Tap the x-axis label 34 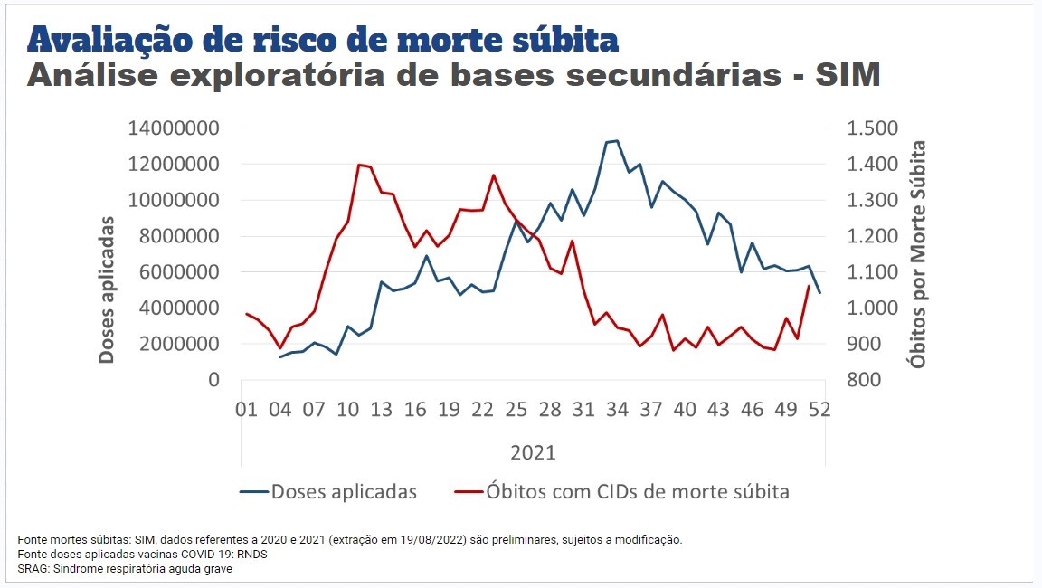pyautogui.click(x=617, y=410)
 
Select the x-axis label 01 pyautogui.click(x=246, y=410)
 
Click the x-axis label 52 pyautogui.click(x=819, y=410)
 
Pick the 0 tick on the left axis pyautogui.click(x=213, y=380)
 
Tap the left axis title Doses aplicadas pyautogui.click(x=107, y=289)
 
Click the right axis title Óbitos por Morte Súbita pyautogui.click(x=919, y=253)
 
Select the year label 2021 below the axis pyautogui.click(x=533, y=451)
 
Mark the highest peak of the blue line pyautogui.click(x=617, y=140)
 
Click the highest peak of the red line pyautogui.click(x=359, y=164)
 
